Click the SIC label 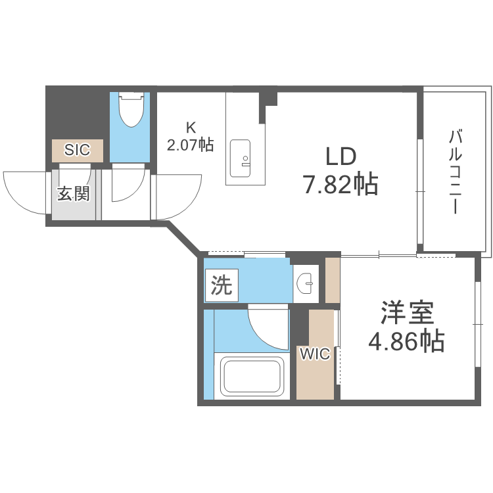tap(77, 150)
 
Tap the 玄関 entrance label tap(73, 194)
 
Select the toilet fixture tap(131, 110)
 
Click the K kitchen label tap(191, 128)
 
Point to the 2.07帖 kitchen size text tap(191, 144)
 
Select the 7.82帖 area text tap(340, 185)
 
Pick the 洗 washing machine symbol tap(222, 285)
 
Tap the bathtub tap(251, 375)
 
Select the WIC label tap(315, 355)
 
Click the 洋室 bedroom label tap(408, 313)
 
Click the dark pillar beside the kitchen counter tap(269, 98)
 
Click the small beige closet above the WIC tap(333, 280)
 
